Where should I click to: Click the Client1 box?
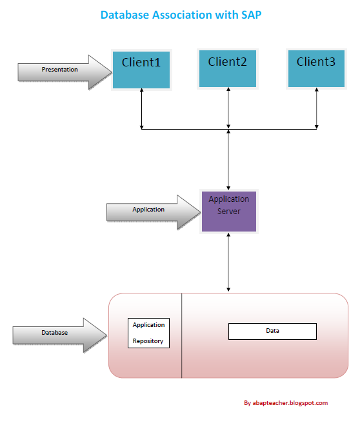[141, 69]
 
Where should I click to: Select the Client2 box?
[228, 68]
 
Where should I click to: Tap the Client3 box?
[316, 68]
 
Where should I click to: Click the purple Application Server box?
[228, 211]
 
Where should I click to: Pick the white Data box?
[272, 331]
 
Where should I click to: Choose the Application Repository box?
[148, 333]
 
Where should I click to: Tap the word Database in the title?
[126, 14]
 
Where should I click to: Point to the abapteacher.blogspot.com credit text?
[286, 403]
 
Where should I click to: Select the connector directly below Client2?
[228, 108]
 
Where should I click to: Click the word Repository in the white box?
[148, 341]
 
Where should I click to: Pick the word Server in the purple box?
[228, 211]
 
